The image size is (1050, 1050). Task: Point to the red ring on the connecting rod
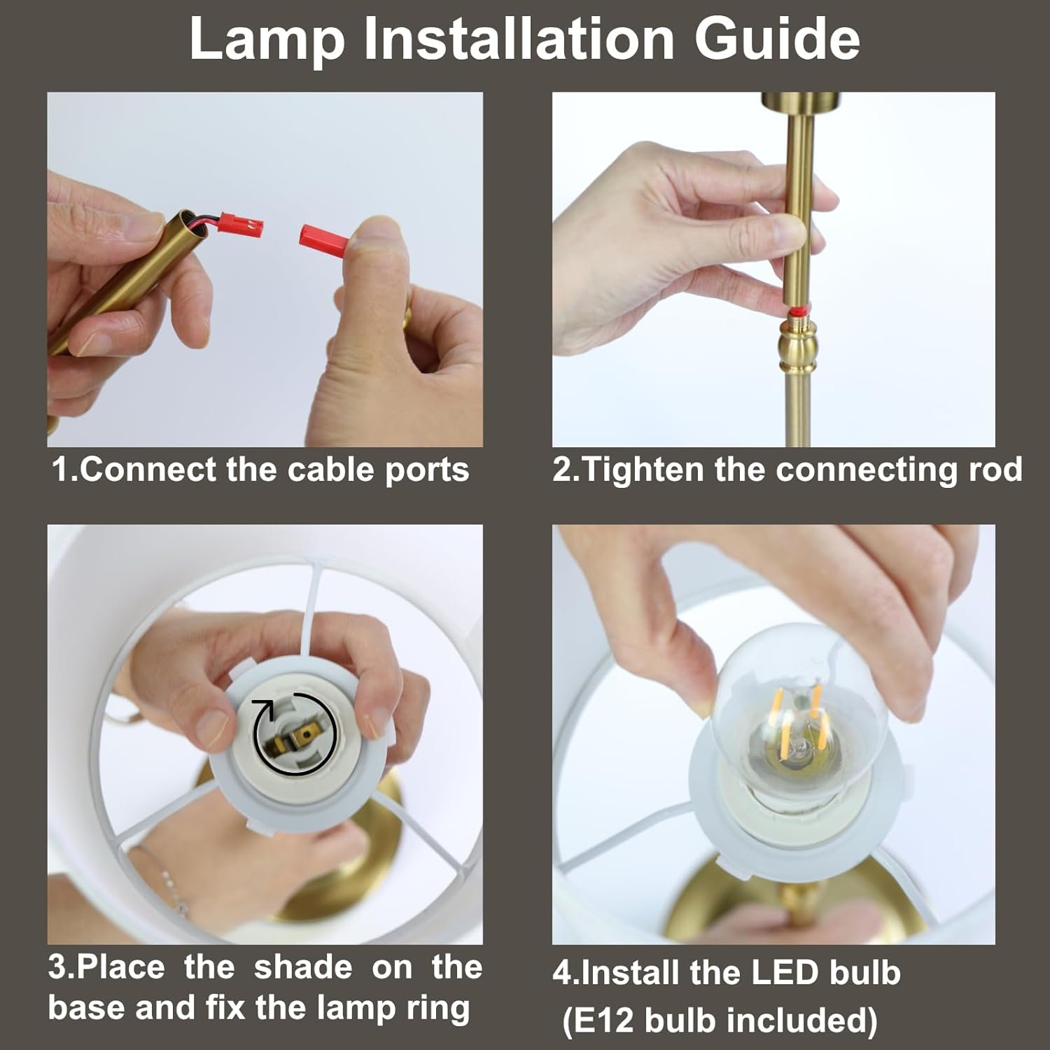[x=794, y=311]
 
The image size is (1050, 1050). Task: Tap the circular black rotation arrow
[x=294, y=736]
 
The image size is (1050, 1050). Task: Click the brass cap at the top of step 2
[x=795, y=102]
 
